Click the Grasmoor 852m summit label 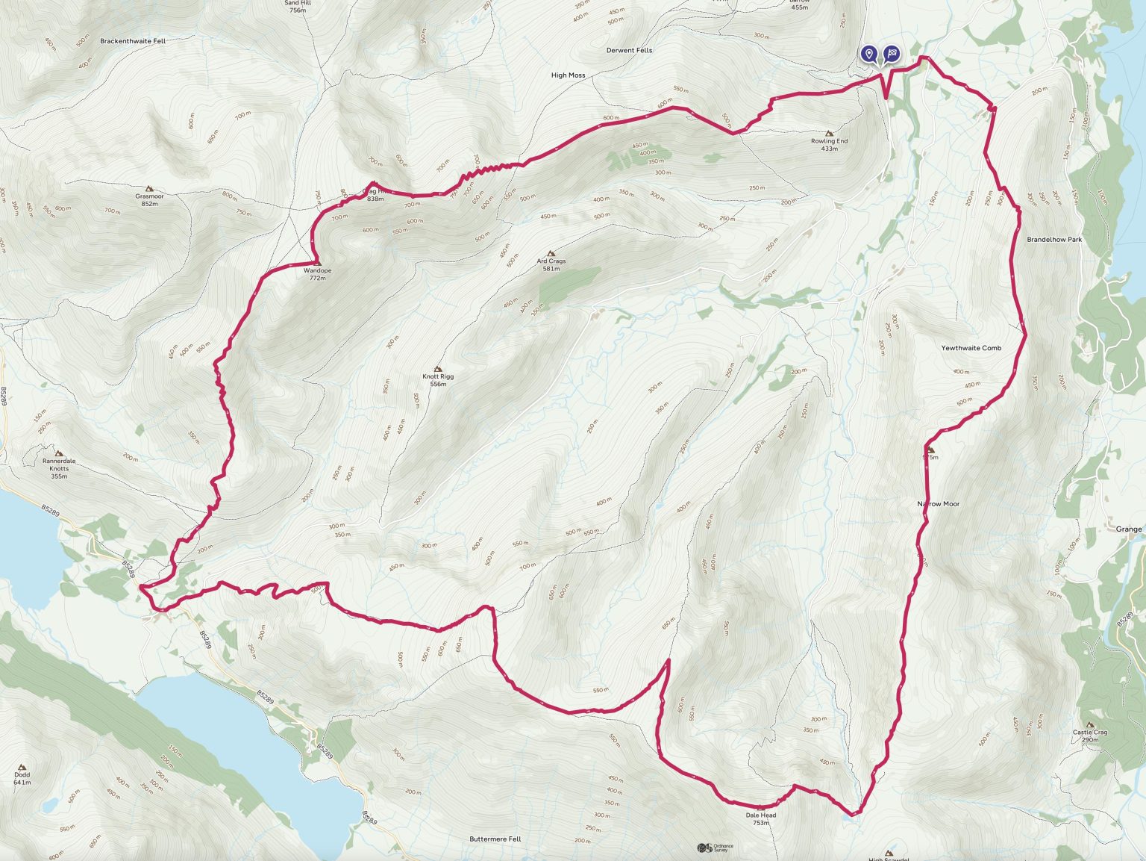[x=149, y=199]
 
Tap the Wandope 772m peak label [x=318, y=274]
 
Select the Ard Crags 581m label [x=551, y=264]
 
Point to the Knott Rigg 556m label [x=438, y=379]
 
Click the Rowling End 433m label [x=829, y=144]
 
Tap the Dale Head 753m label [x=761, y=818]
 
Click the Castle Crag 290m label [x=1090, y=736]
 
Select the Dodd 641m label [x=22, y=778]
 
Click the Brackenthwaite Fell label [x=133, y=41]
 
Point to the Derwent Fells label [x=630, y=50]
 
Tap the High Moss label [x=568, y=75]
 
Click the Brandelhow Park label [x=1054, y=240]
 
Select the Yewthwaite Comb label [x=971, y=348]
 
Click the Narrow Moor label [x=938, y=504]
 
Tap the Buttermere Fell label [x=495, y=839]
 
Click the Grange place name [x=1128, y=529]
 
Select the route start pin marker [x=868, y=54]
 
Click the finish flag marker [x=892, y=54]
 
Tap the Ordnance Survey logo [x=716, y=848]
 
